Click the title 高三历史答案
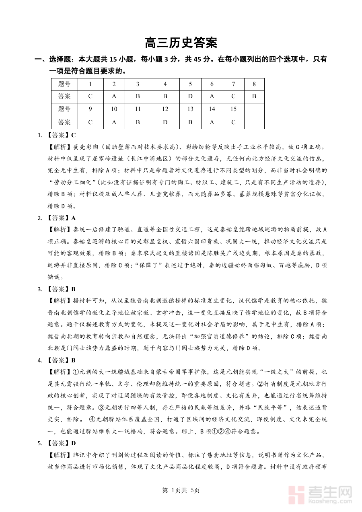point(181,43)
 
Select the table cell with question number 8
point(254,84)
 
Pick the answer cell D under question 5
point(190,96)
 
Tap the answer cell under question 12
point(165,122)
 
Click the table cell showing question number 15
point(233,109)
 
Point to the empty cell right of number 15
point(254,109)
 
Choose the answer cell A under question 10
point(114,122)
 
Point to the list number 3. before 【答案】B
point(40,289)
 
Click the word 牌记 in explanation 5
point(80,455)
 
